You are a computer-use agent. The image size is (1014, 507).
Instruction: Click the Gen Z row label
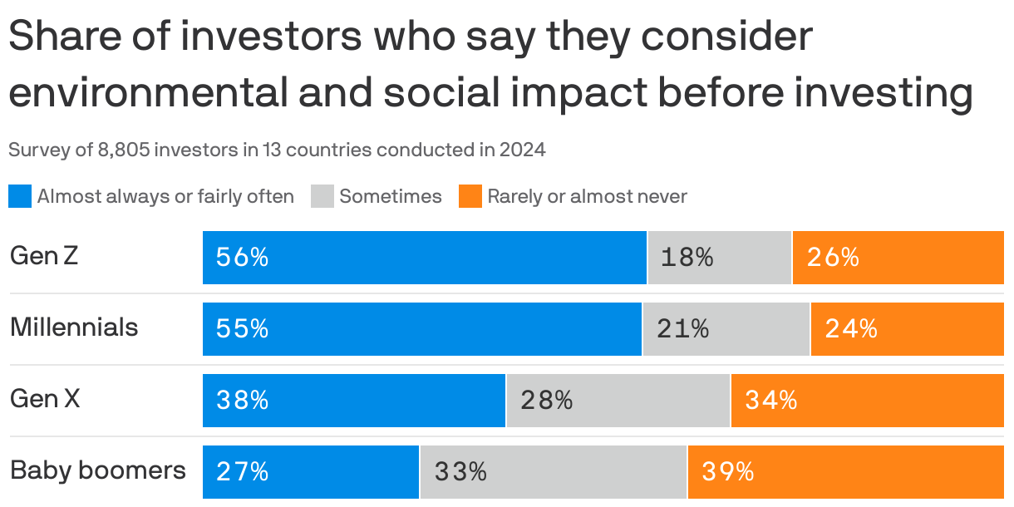tap(44, 256)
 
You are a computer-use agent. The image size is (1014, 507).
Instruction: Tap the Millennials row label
tap(74, 327)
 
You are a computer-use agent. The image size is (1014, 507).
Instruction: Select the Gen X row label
tap(45, 399)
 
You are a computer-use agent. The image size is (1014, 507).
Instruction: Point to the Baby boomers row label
tap(97, 470)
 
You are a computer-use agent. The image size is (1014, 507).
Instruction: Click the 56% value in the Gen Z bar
tap(242, 258)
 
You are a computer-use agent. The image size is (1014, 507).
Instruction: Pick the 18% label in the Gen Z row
tap(687, 258)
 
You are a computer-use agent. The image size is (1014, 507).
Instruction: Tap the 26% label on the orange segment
tap(832, 258)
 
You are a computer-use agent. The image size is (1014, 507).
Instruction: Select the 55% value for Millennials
tap(242, 329)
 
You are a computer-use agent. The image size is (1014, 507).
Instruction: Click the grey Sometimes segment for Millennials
tap(726, 329)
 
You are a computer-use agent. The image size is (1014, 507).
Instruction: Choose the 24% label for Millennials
tap(851, 329)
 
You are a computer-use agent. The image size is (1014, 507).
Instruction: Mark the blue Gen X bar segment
tap(354, 401)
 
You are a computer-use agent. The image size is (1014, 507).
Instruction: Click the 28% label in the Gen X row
tap(547, 401)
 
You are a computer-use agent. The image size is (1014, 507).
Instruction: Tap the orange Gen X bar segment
tap(867, 401)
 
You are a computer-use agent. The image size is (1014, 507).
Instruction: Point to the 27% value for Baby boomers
tap(242, 472)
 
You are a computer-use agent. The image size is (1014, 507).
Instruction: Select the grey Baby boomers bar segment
tap(554, 472)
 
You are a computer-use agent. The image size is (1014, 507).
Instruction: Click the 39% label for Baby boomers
tap(727, 472)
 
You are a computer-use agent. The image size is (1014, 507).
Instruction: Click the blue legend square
tap(20, 197)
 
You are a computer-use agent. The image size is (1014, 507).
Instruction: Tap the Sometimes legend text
tap(390, 197)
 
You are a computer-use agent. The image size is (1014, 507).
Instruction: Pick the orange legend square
tap(470, 197)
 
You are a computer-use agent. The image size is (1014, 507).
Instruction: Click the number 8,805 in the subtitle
tap(124, 150)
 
